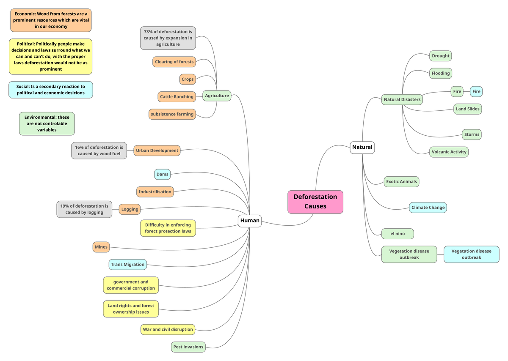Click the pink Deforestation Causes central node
click(x=315, y=202)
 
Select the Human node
click(x=250, y=221)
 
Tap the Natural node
click(x=362, y=148)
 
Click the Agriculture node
click(x=217, y=96)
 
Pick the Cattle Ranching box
click(x=177, y=97)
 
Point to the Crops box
click(x=188, y=79)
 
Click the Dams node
click(x=163, y=174)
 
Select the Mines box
click(x=101, y=247)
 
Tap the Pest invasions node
click(x=188, y=347)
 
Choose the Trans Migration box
click(x=127, y=265)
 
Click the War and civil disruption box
click(x=168, y=329)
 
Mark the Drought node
click(x=440, y=56)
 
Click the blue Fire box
click(x=476, y=91)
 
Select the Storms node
click(x=472, y=134)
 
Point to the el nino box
click(x=398, y=234)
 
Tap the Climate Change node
click(x=428, y=208)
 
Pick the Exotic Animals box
click(x=401, y=182)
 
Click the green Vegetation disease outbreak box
click(x=409, y=254)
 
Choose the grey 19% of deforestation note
click(x=84, y=209)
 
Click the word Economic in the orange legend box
click(x=25, y=14)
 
